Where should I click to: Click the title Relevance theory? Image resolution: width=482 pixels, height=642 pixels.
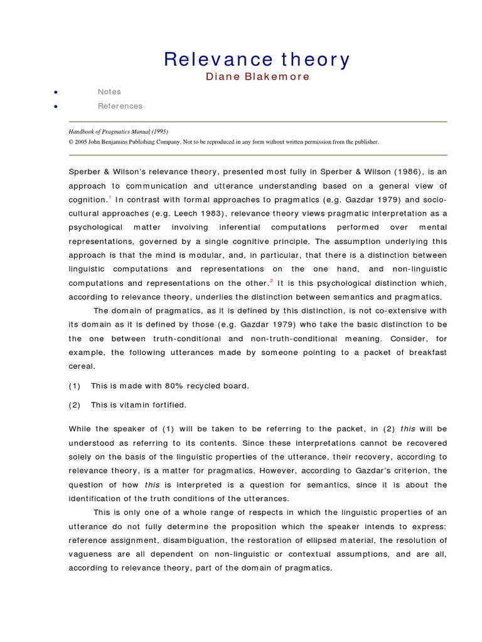pos(257,60)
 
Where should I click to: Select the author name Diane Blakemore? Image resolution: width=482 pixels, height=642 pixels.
pos(257,77)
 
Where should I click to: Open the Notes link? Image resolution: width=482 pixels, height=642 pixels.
pos(109,92)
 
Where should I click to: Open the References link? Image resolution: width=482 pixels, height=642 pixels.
pos(120,106)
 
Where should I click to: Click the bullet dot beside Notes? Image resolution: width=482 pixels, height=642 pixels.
pos(56,92)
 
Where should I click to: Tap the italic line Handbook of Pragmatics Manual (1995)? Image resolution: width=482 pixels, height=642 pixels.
pos(119,132)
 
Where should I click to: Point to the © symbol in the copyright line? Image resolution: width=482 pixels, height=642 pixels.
pos(72,142)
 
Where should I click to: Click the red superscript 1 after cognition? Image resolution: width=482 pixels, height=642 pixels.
pos(110,197)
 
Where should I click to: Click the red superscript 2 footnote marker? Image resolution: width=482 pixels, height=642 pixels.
pos(272,280)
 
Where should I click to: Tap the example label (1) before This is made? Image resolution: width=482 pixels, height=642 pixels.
pos(75,386)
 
